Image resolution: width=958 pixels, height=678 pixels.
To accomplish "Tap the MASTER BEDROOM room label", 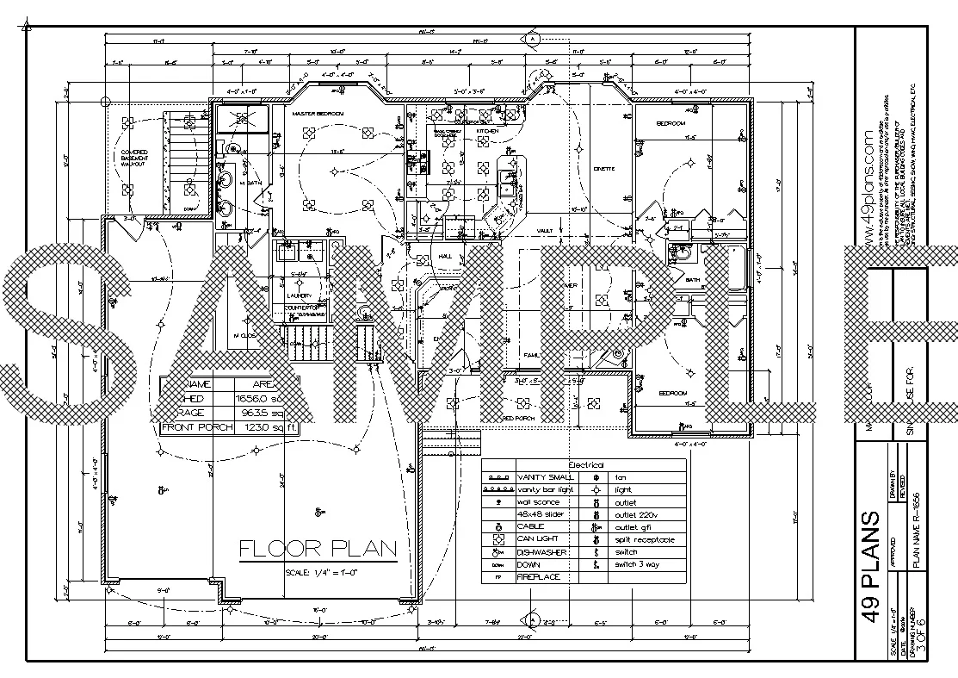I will pos(318,114).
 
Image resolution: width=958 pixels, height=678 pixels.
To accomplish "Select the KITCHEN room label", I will pos(487,131).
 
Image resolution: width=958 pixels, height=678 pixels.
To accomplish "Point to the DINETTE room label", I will pos(603,168).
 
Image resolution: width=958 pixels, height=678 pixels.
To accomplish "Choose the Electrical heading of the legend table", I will pos(586,465).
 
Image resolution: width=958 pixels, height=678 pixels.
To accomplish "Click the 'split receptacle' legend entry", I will pos(645,539).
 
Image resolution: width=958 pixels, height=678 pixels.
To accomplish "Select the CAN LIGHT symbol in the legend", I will pos(498,539).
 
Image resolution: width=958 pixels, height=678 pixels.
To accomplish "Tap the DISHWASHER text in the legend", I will pos(541,552).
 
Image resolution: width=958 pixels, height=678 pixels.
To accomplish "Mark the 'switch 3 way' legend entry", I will pos(638,564).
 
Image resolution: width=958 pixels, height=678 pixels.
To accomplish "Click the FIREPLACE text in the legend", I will pos(539,576).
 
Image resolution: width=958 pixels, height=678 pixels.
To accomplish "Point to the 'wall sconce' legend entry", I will pos(538,502).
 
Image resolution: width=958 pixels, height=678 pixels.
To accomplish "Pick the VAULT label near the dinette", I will pos(544,231).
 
